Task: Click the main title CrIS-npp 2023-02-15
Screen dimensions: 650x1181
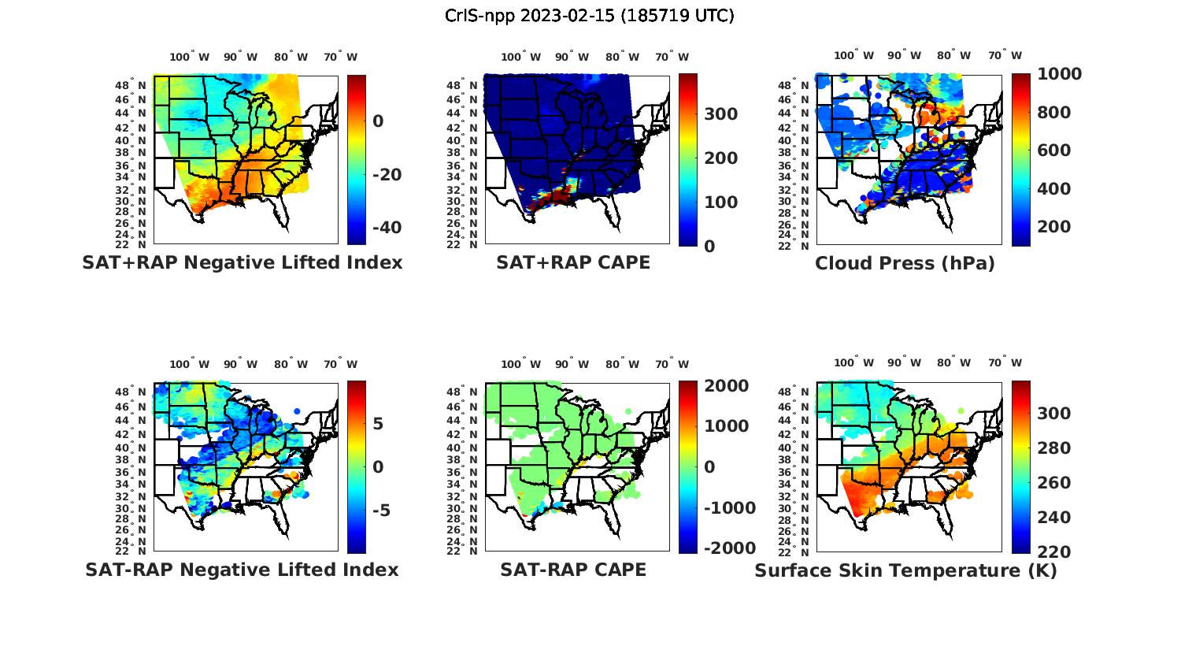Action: pyautogui.click(x=589, y=15)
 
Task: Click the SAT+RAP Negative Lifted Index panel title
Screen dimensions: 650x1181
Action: pyautogui.click(x=242, y=263)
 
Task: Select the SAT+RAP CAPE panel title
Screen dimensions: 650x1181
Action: pyautogui.click(x=573, y=263)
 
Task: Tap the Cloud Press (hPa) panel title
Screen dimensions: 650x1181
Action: pyautogui.click(x=905, y=264)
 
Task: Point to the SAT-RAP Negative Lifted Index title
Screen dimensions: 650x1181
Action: pyautogui.click(x=242, y=570)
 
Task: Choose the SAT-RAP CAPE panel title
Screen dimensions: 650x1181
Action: pyautogui.click(x=573, y=570)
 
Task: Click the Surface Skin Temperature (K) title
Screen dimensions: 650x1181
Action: pyautogui.click(x=905, y=570)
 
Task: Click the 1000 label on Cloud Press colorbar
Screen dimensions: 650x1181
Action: pyautogui.click(x=1059, y=74)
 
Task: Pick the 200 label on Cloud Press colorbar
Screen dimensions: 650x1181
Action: pyautogui.click(x=1054, y=227)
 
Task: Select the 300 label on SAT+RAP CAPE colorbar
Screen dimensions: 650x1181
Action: pyautogui.click(x=720, y=114)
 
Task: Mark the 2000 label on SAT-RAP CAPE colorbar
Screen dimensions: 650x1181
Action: pyautogui.click(x=727, y=386)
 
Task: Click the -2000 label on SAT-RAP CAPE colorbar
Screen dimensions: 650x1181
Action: pyautogui.click(x=730, y=548)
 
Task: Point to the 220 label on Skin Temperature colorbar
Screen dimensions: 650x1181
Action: pyautogui.click(x=1054, y=552)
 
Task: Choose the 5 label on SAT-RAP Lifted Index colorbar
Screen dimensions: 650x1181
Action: pyautogui.click(x=378, y=424)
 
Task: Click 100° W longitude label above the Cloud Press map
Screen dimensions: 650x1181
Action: pyautogui.click(x=853, y=56)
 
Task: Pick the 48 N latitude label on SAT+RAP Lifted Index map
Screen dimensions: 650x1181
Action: pyautogui.click(x=129, y=85)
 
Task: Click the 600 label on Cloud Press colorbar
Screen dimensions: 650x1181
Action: pyautogui.click(x=1054, y=150)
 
